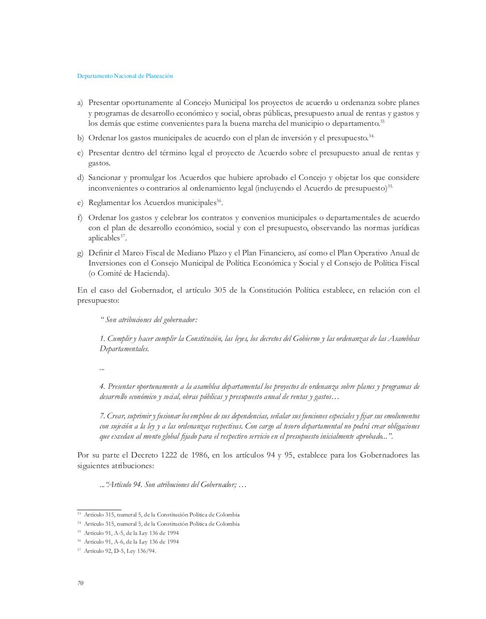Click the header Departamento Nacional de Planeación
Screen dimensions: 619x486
(125, 76)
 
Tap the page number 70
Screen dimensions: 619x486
(80, 583)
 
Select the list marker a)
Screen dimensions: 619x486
(80, 103)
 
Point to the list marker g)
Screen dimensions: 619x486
(80, 253)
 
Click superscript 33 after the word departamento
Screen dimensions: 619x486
(382, 121)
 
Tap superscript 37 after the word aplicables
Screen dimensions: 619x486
(123, 236)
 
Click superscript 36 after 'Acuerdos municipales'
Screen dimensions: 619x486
(219, 200)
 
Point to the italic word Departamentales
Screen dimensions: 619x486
(124, 349)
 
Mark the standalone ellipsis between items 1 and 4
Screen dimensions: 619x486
(102, 368)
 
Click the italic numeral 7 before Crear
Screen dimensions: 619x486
(102, 416)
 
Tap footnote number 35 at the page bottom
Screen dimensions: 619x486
(79, 532)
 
